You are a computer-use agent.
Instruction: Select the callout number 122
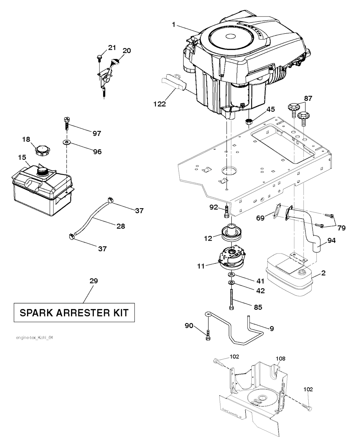coord(159,104)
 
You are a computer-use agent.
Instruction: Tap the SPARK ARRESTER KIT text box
coord(74,312)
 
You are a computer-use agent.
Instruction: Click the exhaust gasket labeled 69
coord(276,213)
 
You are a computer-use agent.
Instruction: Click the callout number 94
coord(331,241)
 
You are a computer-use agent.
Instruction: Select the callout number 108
coord(281,359)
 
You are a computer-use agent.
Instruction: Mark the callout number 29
coord(94,281)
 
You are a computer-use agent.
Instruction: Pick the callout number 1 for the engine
coord(174,25)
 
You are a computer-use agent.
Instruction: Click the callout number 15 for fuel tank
coord(22,157)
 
